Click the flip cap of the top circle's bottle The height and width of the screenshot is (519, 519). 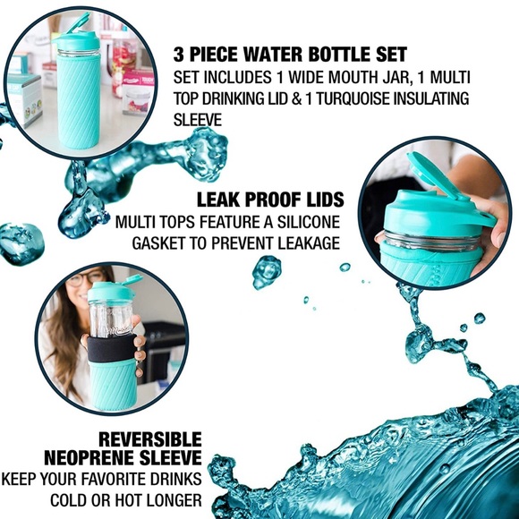77,27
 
